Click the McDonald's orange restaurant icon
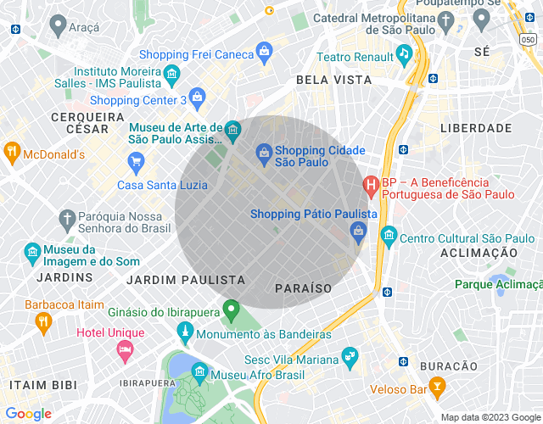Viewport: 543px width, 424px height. coord(12,153)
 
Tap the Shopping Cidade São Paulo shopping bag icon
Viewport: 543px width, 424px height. coord(264,153)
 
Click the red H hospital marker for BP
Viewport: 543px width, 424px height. coord(371,183)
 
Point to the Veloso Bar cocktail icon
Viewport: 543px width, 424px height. coord(438,389)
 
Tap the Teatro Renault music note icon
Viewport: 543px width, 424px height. coord(404,53)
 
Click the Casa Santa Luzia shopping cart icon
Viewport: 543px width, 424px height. coord(136,160)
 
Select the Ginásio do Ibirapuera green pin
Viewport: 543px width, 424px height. coord(231,311)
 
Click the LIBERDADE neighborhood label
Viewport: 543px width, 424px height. coord(476,128)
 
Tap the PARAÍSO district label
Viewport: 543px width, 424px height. coord(304,288)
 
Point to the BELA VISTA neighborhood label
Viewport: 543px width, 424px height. coord(333,79)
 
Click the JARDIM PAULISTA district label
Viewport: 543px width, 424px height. coord(185,279)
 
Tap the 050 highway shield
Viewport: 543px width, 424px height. coord(529,39)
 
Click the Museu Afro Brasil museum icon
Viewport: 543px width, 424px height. coord(199,371)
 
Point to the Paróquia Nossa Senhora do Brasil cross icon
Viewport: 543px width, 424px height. coord(66,219)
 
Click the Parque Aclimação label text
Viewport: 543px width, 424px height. coord(498,284)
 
